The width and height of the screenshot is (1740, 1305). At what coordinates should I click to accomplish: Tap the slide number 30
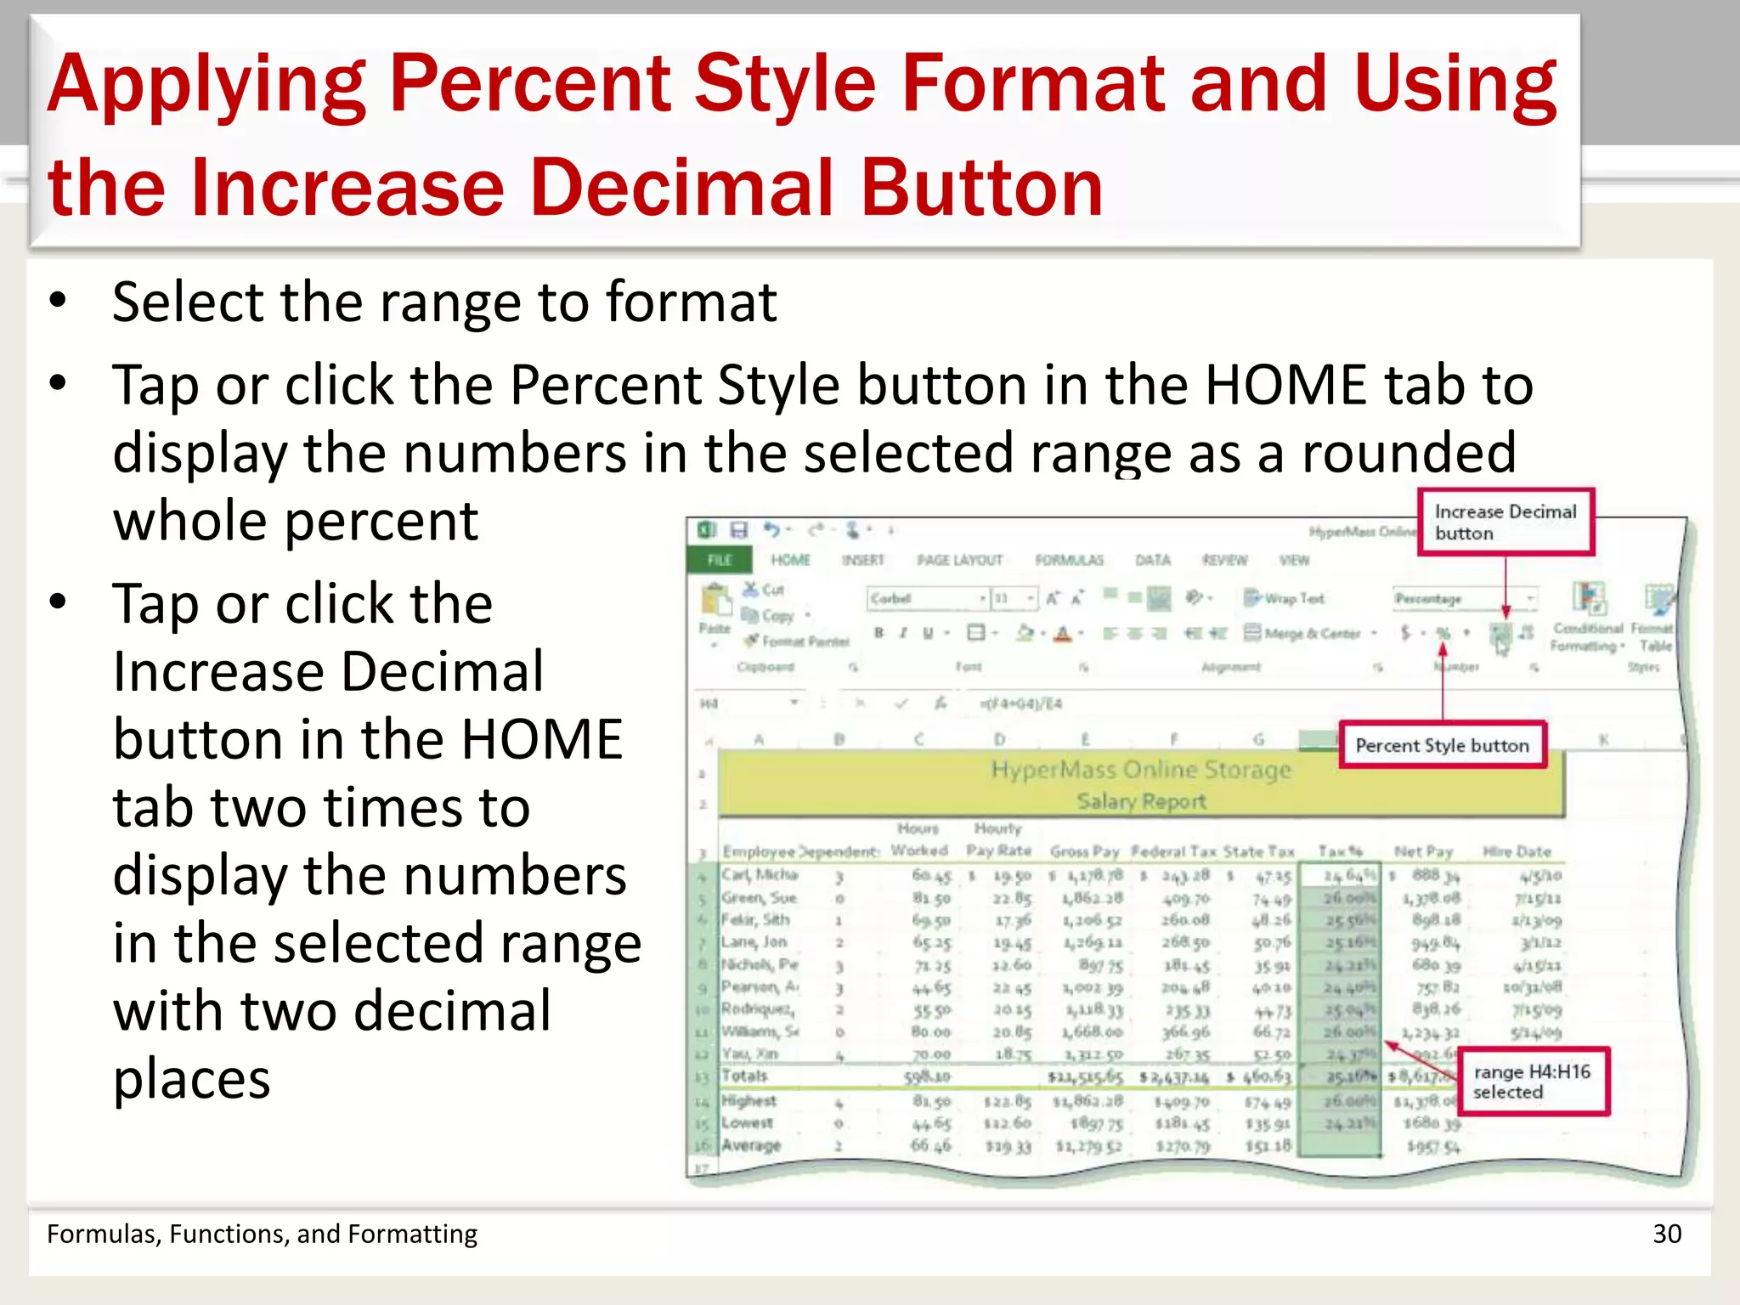coord(1666,1234)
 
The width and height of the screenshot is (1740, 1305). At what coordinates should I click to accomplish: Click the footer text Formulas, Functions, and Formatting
coord(262,1234)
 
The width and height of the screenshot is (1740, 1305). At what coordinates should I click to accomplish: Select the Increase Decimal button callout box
coord(1505,523)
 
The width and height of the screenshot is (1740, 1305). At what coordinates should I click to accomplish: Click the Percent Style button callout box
coord(1442,746)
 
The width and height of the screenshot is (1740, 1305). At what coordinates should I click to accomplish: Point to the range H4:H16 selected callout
coord(1532,1082)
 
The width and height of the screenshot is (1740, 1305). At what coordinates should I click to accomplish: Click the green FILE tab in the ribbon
coord(719,560)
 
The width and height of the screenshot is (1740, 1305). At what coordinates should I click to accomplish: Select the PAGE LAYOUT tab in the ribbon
coord(959,560)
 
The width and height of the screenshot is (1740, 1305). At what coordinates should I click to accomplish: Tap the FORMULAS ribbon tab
coord(1069,560)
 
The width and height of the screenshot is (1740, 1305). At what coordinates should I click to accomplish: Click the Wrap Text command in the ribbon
coord(1285,599)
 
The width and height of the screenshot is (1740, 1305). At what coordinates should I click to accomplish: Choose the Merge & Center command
coord(1309,634)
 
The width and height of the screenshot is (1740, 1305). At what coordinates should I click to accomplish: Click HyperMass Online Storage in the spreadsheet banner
coord(1140,770)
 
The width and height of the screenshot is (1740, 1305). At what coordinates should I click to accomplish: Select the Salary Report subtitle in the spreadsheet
coord(1140,801)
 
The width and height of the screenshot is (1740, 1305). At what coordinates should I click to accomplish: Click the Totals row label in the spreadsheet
coord(744,1076)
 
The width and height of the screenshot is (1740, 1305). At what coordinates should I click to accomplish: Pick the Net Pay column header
coord(1423,851)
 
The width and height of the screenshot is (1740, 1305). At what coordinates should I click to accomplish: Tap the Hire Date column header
coord(1517,851)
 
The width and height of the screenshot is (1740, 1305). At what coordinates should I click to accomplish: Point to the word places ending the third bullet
coord(191,1080)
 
